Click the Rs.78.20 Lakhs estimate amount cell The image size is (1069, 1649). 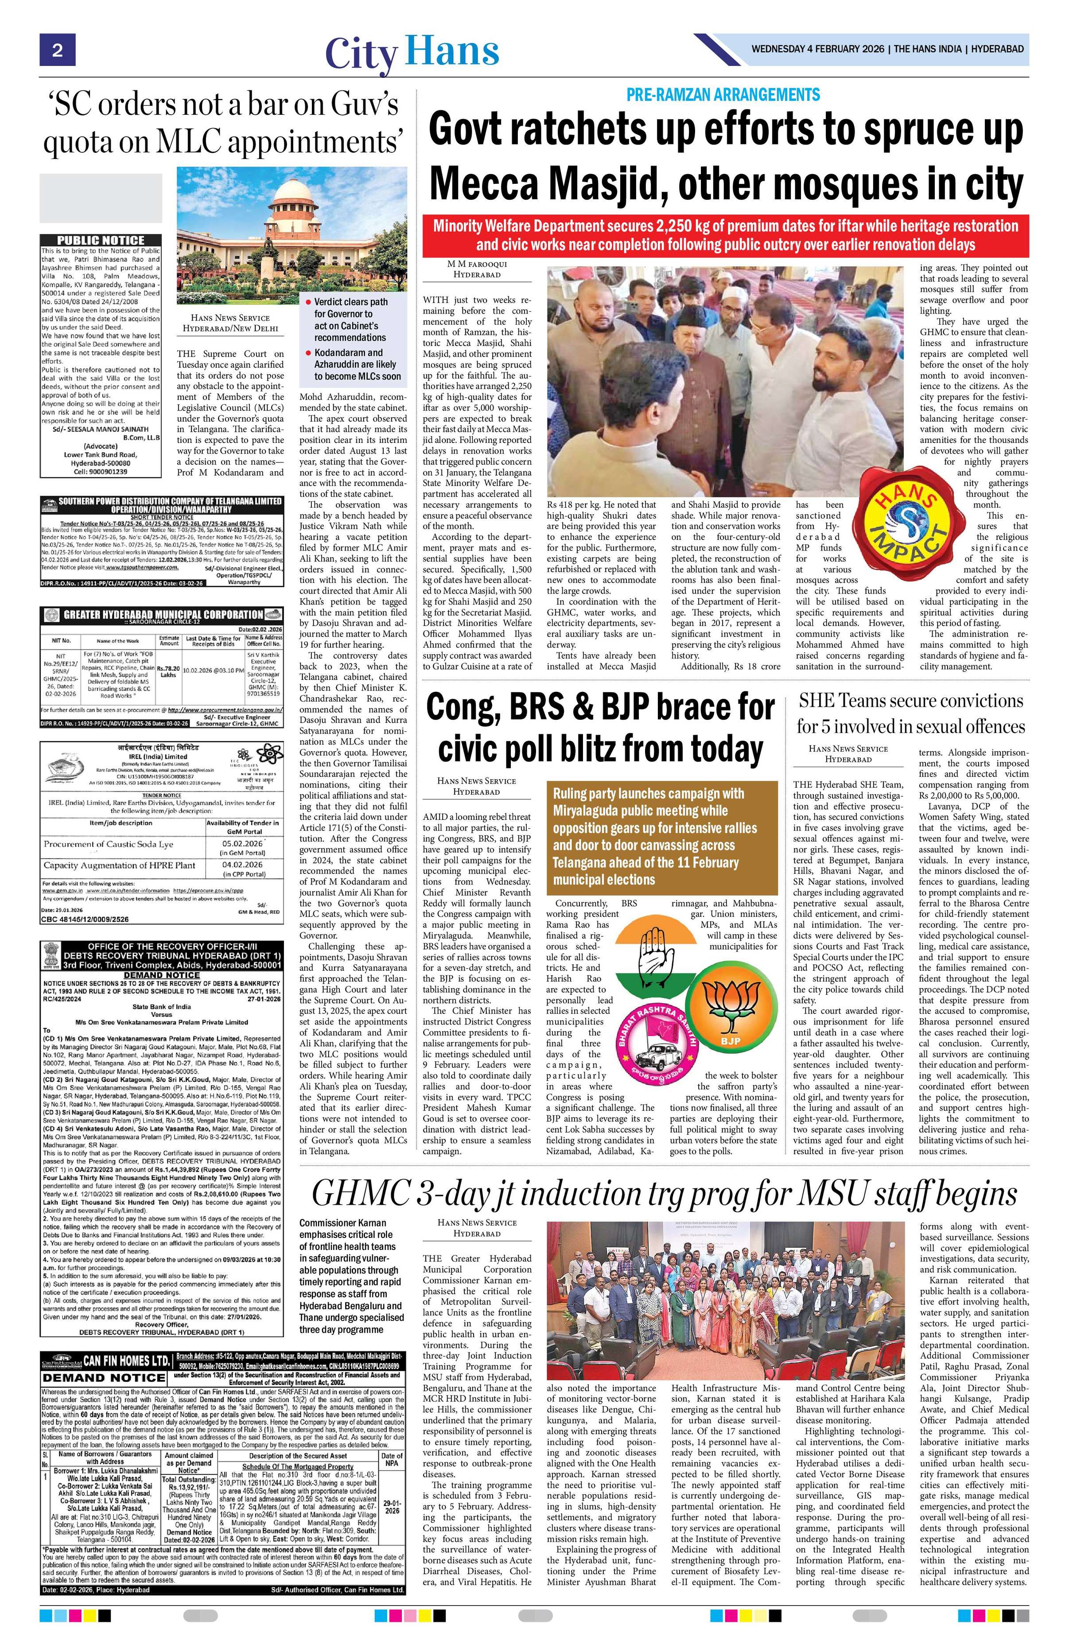[170, 673]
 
